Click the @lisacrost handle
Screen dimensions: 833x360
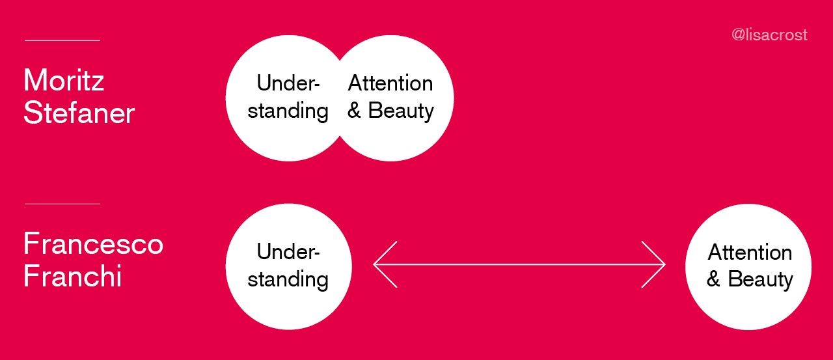769,35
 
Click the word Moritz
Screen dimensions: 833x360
64,80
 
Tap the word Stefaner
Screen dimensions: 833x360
79,113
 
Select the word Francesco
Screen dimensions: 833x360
93,243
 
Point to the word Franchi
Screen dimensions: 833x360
72,276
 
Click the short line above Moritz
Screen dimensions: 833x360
62,40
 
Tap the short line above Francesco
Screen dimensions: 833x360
62,204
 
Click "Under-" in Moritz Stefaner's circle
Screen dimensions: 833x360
288,83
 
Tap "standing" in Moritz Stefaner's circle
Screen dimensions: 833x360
288,111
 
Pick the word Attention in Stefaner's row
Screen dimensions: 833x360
390,83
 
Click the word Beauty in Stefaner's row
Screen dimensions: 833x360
401,111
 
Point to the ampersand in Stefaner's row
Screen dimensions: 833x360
354,110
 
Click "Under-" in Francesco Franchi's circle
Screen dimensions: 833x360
288,251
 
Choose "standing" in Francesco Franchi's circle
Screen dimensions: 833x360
288,279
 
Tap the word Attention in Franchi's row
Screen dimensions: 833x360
750,252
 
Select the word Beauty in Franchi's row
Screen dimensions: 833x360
761,279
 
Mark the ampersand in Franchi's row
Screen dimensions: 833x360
713,279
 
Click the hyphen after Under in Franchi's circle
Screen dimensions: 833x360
316,254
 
